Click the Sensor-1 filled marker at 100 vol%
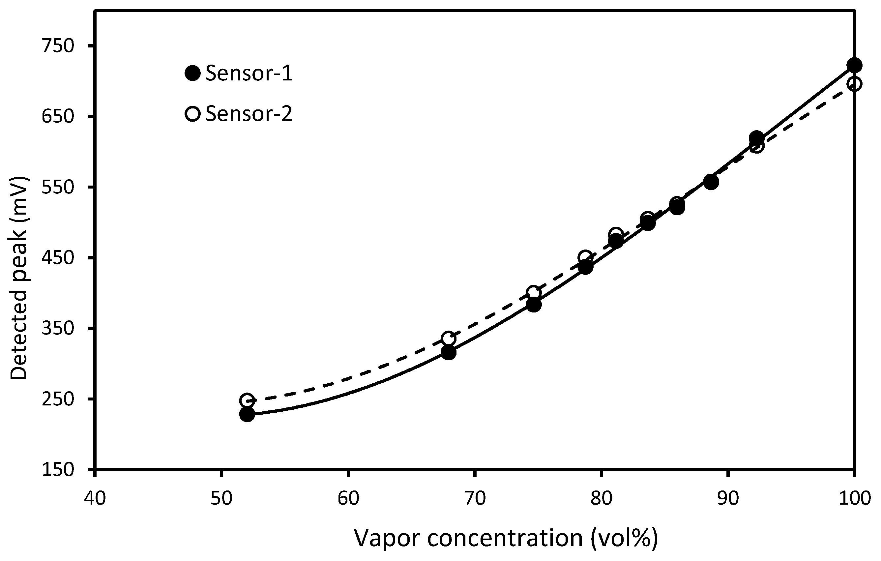[854, 65]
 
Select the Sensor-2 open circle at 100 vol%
[854, 84]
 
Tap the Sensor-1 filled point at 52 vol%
[247, 415]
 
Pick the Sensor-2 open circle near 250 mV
[247, 401]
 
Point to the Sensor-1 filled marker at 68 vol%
[448, 353]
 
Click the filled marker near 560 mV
[711, 182]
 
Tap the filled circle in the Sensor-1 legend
[192, 73]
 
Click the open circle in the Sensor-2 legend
[192, 114]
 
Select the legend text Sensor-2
[249, 114]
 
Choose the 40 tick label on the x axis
[95, 498]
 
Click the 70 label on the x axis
[475, 498]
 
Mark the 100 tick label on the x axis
[854, 498]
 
